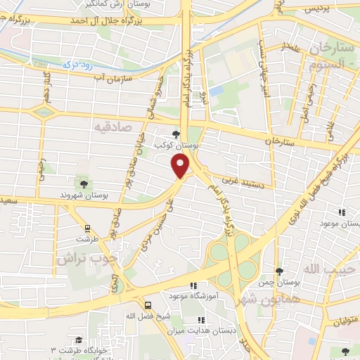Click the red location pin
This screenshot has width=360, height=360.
pos(181,165)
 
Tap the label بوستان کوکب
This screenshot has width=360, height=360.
pos(176,145)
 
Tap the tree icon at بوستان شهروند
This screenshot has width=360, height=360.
pos(84,184)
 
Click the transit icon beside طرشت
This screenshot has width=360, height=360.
pos(88,229)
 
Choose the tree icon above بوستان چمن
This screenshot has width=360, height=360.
pos(279,271)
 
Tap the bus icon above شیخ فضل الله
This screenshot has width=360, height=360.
pos(148,305)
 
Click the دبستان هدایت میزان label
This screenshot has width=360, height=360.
pos(208,330)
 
